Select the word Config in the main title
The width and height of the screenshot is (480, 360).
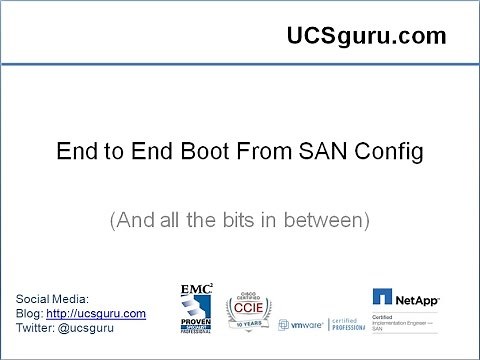coord(393,153)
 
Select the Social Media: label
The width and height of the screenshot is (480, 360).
coord(53,299)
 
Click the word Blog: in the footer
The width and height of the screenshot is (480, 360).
coord(30,313)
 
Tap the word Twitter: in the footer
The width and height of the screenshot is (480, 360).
coord(38,327)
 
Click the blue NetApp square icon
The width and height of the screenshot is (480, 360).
coord(382,297)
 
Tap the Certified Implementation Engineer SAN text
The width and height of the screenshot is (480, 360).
coord(408,320)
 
